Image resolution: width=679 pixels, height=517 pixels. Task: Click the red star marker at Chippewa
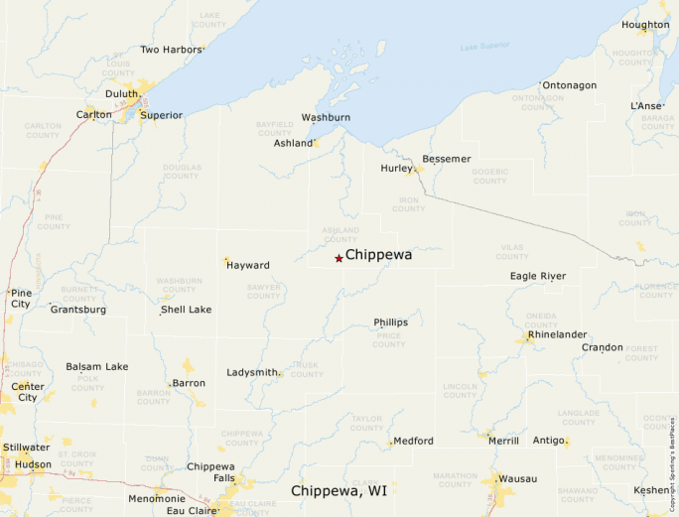(x=339, y=258)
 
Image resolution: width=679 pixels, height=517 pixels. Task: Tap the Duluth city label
(x=121, y=94)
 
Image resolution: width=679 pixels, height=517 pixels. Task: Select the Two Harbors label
(x=171, y=49)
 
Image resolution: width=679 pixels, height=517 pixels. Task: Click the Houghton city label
(x=645, y=25)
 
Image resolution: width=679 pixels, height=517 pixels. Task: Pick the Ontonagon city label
(x=570, y=85)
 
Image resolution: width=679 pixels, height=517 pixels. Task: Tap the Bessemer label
(x=447, y=159)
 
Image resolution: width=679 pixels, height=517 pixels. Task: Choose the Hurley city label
(x=396, y=168)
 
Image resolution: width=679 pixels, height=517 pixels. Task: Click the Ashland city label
(x=293, y=143)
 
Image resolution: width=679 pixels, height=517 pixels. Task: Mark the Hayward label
(x=248, y=265)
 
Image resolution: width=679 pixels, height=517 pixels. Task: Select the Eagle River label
(x=538, y=276)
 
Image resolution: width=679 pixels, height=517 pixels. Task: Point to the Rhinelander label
(x=558, y=334)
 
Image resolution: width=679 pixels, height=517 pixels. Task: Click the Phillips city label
(x=390, y=323)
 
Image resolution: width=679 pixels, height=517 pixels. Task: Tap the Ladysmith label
(x=252, y=372)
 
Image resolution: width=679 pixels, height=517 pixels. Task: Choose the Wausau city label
(x=518, y=478)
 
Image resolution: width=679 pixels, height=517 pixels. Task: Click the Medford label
(x=413, y=441)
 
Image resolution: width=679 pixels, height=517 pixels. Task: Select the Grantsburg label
(x=78, y=310)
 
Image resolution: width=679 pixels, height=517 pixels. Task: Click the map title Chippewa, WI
(x=339, y=491)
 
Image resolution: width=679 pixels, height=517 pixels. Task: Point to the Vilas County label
(x=510, y=251)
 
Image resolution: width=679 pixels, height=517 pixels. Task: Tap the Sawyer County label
(x=263, y=291)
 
